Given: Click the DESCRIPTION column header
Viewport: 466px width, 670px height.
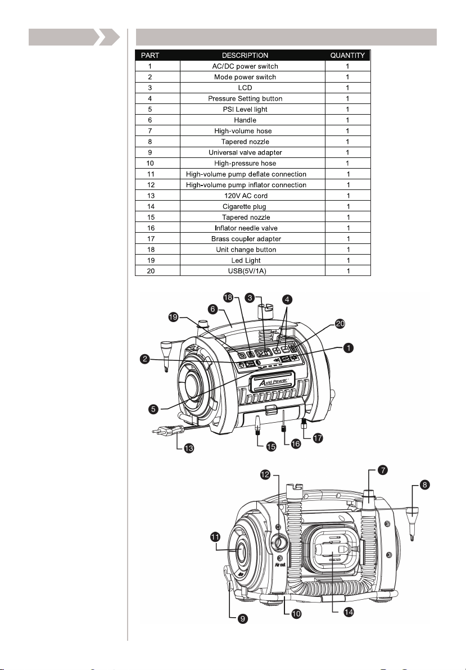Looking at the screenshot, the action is pyautogui.click(x=245, y=55).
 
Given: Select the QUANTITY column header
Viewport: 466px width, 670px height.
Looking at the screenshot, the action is pyautogui.click(x=347, y=55).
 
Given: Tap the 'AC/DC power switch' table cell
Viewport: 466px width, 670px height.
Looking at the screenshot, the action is pyautogui.click(x=245, y=66).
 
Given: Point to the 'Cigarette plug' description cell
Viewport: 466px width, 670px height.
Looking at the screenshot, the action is pyautogui.click(x=245, y=206).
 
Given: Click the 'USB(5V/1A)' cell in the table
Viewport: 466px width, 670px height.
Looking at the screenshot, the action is pyautogui.click(x=245, y=271).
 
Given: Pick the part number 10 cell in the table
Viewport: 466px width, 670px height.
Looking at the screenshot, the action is pyautogui.click(x=150, y=163).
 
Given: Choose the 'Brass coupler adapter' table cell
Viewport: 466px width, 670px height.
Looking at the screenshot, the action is pyautogui.click(x=245, y=239).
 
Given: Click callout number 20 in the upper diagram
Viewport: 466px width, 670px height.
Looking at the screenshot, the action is pyautogui.click(x=340, y=324).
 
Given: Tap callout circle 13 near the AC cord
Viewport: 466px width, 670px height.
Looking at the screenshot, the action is pyautogui.click(x=188, y=448).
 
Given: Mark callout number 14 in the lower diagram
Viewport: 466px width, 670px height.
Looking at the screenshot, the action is pyautogui.click(x=349, y=612).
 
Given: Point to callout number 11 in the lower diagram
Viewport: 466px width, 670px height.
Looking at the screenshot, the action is pyautogui.click(x=215, y=537).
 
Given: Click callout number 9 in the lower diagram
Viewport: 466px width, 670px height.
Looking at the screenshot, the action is pyautogui.click(x=242, y=618).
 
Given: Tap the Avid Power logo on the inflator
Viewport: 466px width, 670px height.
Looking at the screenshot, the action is pyautogui.click(x=273, y=381).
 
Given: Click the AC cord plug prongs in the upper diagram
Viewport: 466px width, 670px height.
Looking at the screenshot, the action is pyautogui.click(x=157, y=432).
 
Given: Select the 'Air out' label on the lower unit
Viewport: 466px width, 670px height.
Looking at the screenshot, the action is pyautogui.click(x=280, y=564).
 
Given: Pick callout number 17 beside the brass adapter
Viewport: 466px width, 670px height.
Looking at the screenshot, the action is pyautogui.click(x=318, y=438).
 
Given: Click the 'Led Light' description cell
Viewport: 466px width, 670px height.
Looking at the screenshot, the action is pyautogui.click(x=245, y=260).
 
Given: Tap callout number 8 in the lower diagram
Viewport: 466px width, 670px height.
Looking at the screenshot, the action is pyautogui.click(x=424, y=485).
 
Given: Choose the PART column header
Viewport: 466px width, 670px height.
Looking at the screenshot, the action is pyautogui.click(x=150, y=55).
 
